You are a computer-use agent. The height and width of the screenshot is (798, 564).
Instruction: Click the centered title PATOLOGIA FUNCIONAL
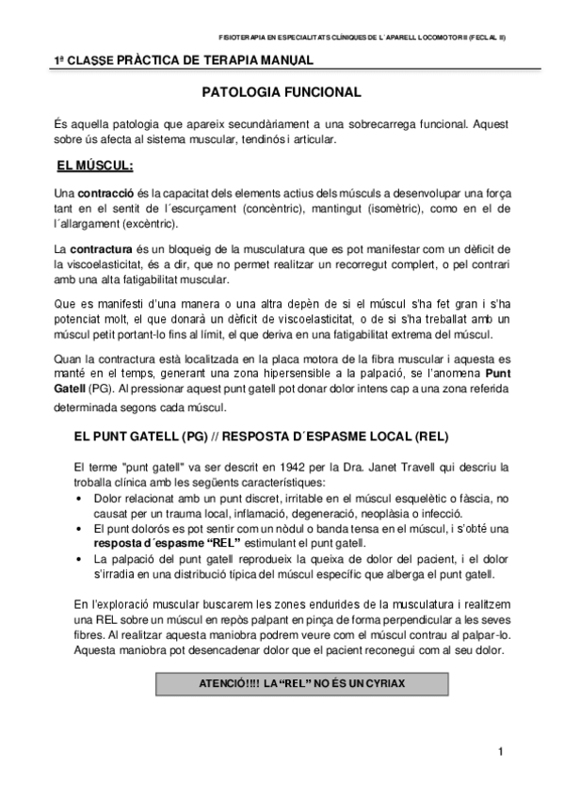coord(282,93)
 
